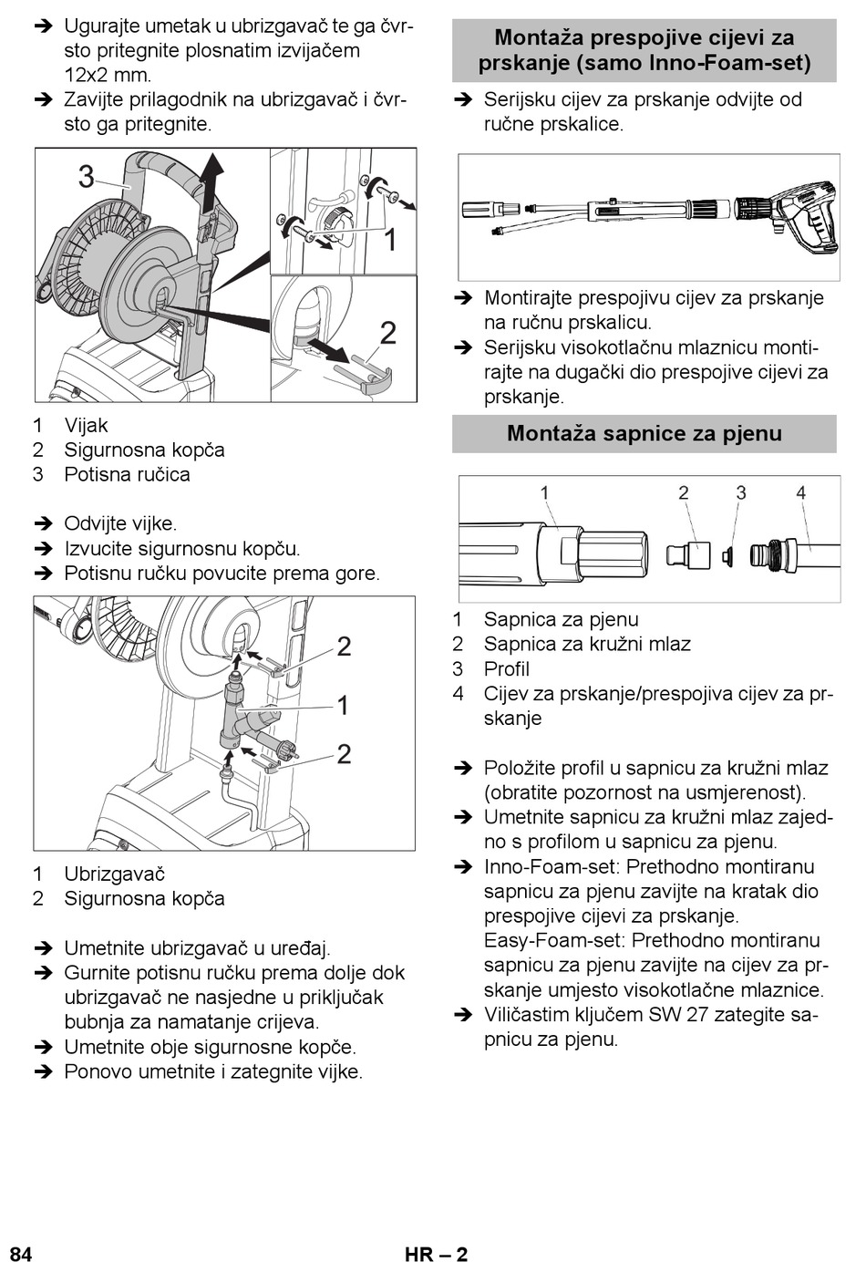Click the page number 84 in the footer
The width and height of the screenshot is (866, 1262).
(x=21, y=1253)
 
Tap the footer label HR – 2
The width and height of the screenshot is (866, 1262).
(x=437, y=1253)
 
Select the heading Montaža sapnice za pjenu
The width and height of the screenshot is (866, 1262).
(x=644, y=434)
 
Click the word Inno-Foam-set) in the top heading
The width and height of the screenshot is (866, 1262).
(x=730, y=63)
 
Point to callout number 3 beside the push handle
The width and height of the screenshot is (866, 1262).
(x=87, y=176)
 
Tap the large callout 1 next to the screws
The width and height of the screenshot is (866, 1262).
(x=389, y=239)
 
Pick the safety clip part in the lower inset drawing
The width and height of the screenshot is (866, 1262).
(x=373, y=376)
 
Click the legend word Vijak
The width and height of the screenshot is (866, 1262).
(x=86, y=425)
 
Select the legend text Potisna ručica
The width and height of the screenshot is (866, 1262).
(x=128, y=474)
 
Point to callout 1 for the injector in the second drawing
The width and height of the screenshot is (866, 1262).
(x=343, y=706)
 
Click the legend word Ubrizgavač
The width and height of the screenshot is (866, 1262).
(x=114, y=874)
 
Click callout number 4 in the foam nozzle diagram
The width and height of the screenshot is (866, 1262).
(x=801, y=493)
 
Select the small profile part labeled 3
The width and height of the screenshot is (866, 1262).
(x=727, y=556)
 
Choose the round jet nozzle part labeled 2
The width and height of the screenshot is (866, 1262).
(x=688, y=555)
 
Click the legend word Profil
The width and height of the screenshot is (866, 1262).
(x=507, y=668)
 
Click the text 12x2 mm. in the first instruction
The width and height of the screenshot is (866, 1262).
(x=108, y=75)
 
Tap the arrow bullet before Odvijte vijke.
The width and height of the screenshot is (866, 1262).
(x=43, y=524)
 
